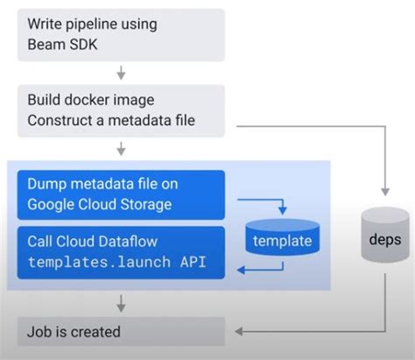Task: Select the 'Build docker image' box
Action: [x=120, y=109]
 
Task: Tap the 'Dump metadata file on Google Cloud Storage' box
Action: [x=120, y=194]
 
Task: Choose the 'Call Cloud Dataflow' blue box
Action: [x=120, y=252]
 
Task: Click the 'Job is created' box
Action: [x=120, y=332]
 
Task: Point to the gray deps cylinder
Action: [x=384, y=238]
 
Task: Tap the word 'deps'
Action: [x=384, y=240]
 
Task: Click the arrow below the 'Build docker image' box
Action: [x=121, y=148]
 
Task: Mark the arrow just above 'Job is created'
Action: [x=121, y=303]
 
